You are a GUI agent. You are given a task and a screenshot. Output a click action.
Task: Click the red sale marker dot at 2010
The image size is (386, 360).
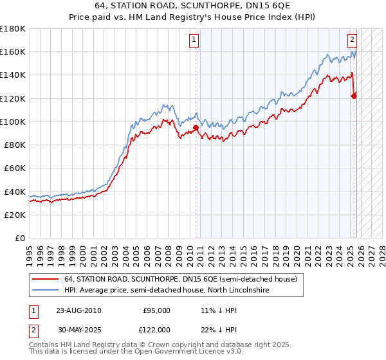[196, 127]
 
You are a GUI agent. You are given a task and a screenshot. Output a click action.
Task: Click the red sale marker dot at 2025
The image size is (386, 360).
[354, 96]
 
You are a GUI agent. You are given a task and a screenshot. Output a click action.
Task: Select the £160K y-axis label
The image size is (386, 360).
[13, 51]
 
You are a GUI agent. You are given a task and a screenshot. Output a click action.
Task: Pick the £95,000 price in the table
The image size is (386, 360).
[156, 310]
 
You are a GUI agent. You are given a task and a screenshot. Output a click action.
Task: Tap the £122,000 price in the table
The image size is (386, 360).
[156, 328]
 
